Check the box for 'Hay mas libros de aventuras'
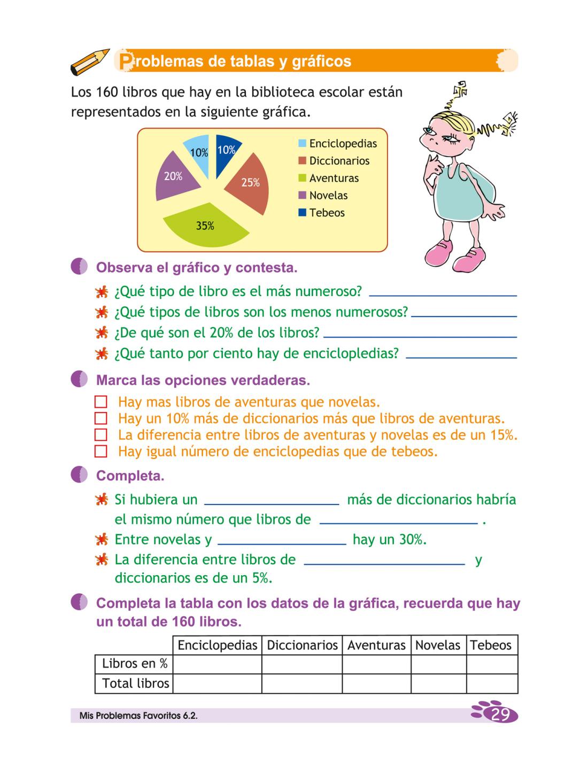pyautogui.click(x=100, y=402)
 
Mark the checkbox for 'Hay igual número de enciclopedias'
pyautogui.click(x=100, y=452)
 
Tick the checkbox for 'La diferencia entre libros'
pyautogui.click(x=100, y=435)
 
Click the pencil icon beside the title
pyautogui.click(x=89, y=61)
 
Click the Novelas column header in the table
pyautogui.click(x=438, y=645)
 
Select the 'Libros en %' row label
pyautogui.click(x=135, y=664)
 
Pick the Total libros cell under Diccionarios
pyautogui.click(x=301, y=683)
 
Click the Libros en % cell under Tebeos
pyautogui.click(x=492, y=664)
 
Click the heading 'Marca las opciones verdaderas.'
pyautogui.click(x=203, y=381)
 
